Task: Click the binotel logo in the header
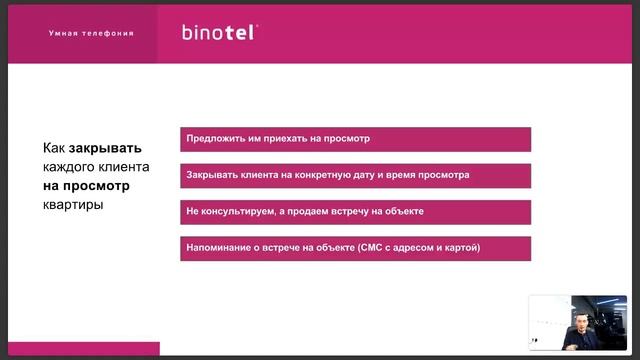point(219,32)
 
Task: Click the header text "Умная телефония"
point(91,33)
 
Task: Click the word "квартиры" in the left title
point(73,206)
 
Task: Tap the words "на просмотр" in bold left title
point(86,186)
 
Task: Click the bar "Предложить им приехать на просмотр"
point(355,139)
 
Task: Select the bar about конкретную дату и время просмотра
point(355,175)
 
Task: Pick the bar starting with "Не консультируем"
point(355,212)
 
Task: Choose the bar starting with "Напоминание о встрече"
point(355,248)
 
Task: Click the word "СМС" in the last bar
point(368,248)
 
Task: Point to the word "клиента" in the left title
point(124,166)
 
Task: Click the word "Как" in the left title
point(54,145)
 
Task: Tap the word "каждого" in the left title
point(70,166)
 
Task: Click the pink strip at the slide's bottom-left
point(80,349)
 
